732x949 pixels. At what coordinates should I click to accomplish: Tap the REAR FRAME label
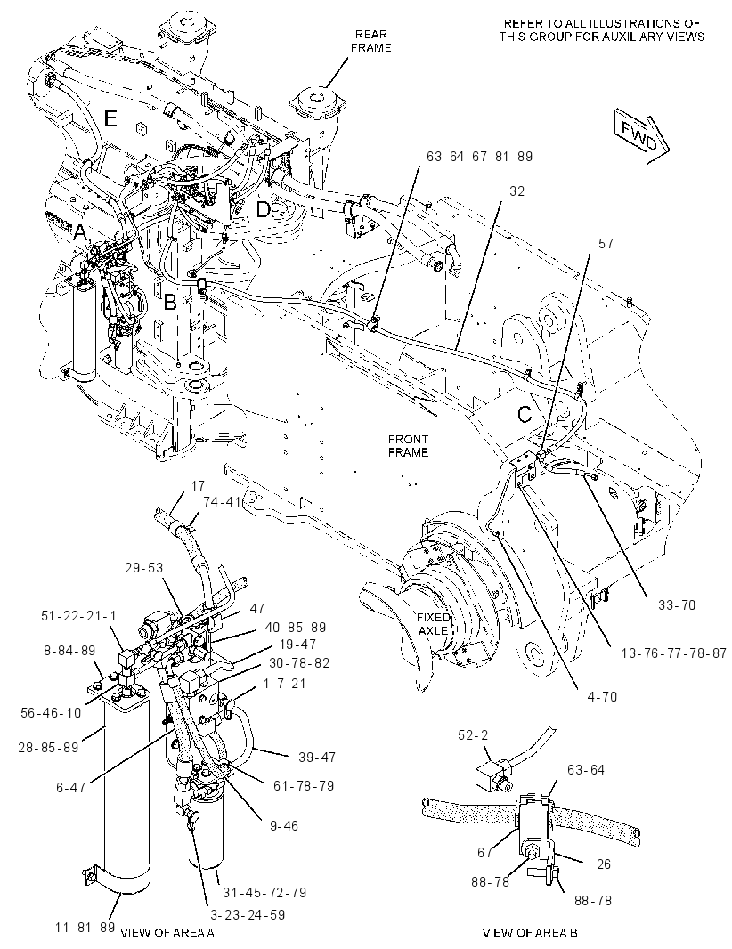click(371, 41)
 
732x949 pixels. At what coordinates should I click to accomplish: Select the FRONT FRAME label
click(408, 445)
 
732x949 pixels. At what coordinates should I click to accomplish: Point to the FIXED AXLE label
click(434, 623)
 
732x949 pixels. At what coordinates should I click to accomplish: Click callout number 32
click(516, 191)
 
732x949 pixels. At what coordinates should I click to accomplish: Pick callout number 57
click(606, 243)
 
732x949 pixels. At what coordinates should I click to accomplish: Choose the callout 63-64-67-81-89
click(479, 156)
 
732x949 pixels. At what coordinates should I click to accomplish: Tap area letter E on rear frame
click(110, 118)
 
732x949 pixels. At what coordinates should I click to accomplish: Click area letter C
click(525, 415)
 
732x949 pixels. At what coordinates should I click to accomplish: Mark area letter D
click(264, 209)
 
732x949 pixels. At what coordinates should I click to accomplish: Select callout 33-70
click(676, 604)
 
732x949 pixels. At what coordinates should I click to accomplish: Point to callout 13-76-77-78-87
click(673, 653)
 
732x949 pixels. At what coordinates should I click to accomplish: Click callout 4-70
click(602, 697)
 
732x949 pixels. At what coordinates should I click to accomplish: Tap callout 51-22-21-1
click(78, 615)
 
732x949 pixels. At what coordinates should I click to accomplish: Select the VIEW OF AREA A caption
click(167, 933)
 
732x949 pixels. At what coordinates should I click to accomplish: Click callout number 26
click(603, 864)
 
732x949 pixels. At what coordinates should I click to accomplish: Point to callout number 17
click(198, 485)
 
